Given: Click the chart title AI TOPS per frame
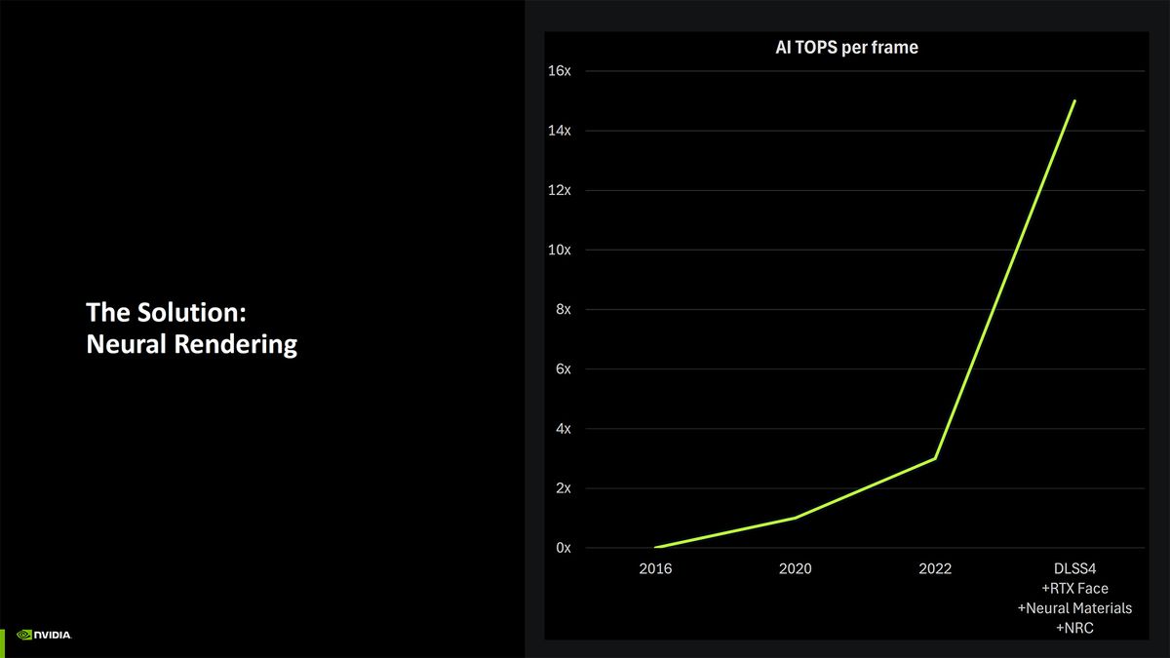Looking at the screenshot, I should tap(839, 47).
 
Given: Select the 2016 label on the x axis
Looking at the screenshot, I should tap(655, 568).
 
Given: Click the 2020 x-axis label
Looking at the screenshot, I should tap(795, 568).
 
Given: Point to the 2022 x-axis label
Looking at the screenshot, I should tap(935, 568).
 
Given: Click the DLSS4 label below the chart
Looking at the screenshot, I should tap(1074, 568).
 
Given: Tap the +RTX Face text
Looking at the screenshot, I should tap(1074, 589).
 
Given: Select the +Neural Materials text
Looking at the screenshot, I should tap(1074, 608).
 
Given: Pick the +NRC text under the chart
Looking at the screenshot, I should tap(1074, 629).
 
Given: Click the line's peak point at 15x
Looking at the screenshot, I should tap(1074, 100).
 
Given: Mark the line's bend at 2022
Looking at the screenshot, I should tap(935, 458).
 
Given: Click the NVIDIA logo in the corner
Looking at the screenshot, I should tap(44, 635).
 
